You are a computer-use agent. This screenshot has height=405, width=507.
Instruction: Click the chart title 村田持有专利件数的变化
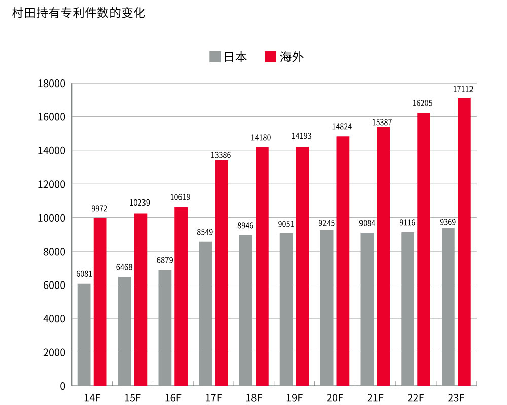click(x=79, y=14)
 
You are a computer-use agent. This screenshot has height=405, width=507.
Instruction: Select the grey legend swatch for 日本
click(x=215, y=57)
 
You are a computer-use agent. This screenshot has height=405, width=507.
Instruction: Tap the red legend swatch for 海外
click(x=270, y=57)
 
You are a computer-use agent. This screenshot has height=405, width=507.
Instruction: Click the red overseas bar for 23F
click(x=464, y=241)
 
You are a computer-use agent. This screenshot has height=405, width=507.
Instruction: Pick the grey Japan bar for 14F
click(x=84, y=334)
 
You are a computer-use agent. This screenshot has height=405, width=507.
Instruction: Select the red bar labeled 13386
click(x=222, y=273)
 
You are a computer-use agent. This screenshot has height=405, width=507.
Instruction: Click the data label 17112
click(x=463, y=89)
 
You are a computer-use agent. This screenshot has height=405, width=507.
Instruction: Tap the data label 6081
click(x=84, y=274)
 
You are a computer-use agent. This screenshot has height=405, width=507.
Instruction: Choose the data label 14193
click(x=302, y=136)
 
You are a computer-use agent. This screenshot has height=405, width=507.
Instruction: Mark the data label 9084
click(x=368, y=223)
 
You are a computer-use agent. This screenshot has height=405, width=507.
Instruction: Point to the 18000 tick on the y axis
click(x=52, y=84)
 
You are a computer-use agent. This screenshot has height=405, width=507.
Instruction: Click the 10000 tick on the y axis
click(x=52, y=218)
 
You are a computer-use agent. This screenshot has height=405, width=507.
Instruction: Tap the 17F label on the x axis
click(x=213, y=397)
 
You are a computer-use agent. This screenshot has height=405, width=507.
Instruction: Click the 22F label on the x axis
click(x=416, y=397)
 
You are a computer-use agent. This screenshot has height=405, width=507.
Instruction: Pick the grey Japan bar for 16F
click(x=165, y=328)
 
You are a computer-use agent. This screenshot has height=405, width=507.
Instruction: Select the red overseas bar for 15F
click(x=140, y=299)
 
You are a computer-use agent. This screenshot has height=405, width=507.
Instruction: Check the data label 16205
click(x=423, y=103)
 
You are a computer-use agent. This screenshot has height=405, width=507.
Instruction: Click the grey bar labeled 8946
click(x=246, y=310)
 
